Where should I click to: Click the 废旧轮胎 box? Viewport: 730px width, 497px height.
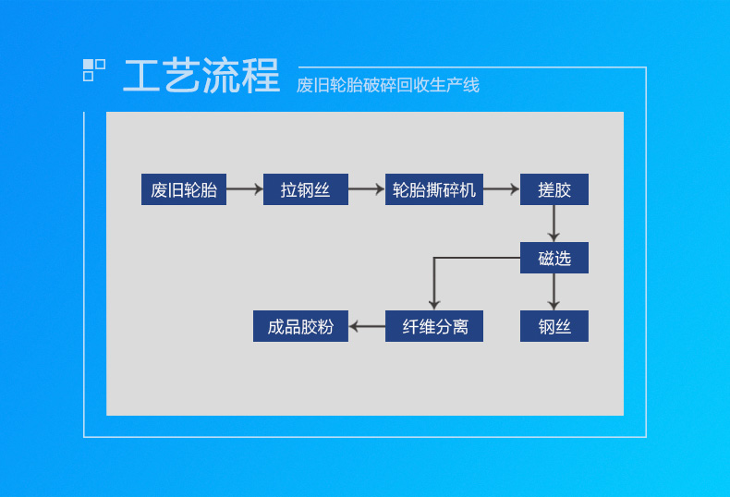(x=184, y=189)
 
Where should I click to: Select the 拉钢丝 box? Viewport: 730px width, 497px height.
(x=305, y=189)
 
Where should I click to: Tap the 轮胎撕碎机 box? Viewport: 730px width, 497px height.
(x=433, y=189)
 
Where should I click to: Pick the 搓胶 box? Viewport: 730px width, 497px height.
(x=554, y=189)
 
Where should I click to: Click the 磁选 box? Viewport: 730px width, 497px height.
(x=554, y=258)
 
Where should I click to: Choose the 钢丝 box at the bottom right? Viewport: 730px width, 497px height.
(x=554, y=326)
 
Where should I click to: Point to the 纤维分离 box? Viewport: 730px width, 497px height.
(x=433, y=326)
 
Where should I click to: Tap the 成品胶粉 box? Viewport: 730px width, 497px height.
(x=300, y=326)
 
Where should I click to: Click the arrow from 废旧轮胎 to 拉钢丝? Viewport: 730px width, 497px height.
(x=245, y=189)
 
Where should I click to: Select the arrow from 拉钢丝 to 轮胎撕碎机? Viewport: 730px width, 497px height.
(x=366, y=189)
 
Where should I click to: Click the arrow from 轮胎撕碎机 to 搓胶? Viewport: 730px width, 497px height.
(x=501, y=189)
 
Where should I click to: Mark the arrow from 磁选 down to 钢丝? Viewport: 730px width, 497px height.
(x=554, y=292)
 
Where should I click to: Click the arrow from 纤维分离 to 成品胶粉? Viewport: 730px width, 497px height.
(x=367, y=326)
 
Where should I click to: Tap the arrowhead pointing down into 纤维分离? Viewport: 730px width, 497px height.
(x=433, y=304)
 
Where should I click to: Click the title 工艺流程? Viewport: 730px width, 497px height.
(x=201, y=76)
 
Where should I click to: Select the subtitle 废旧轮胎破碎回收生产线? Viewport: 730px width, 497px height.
(x=387, y=85)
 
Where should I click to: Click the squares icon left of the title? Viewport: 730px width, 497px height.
(x=94, y=70)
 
